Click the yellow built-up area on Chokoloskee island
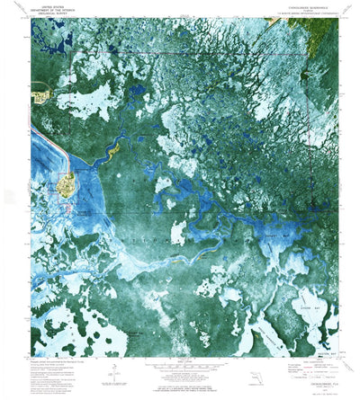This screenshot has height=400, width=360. [66, 186]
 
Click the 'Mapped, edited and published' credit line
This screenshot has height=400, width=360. [63, 360]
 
